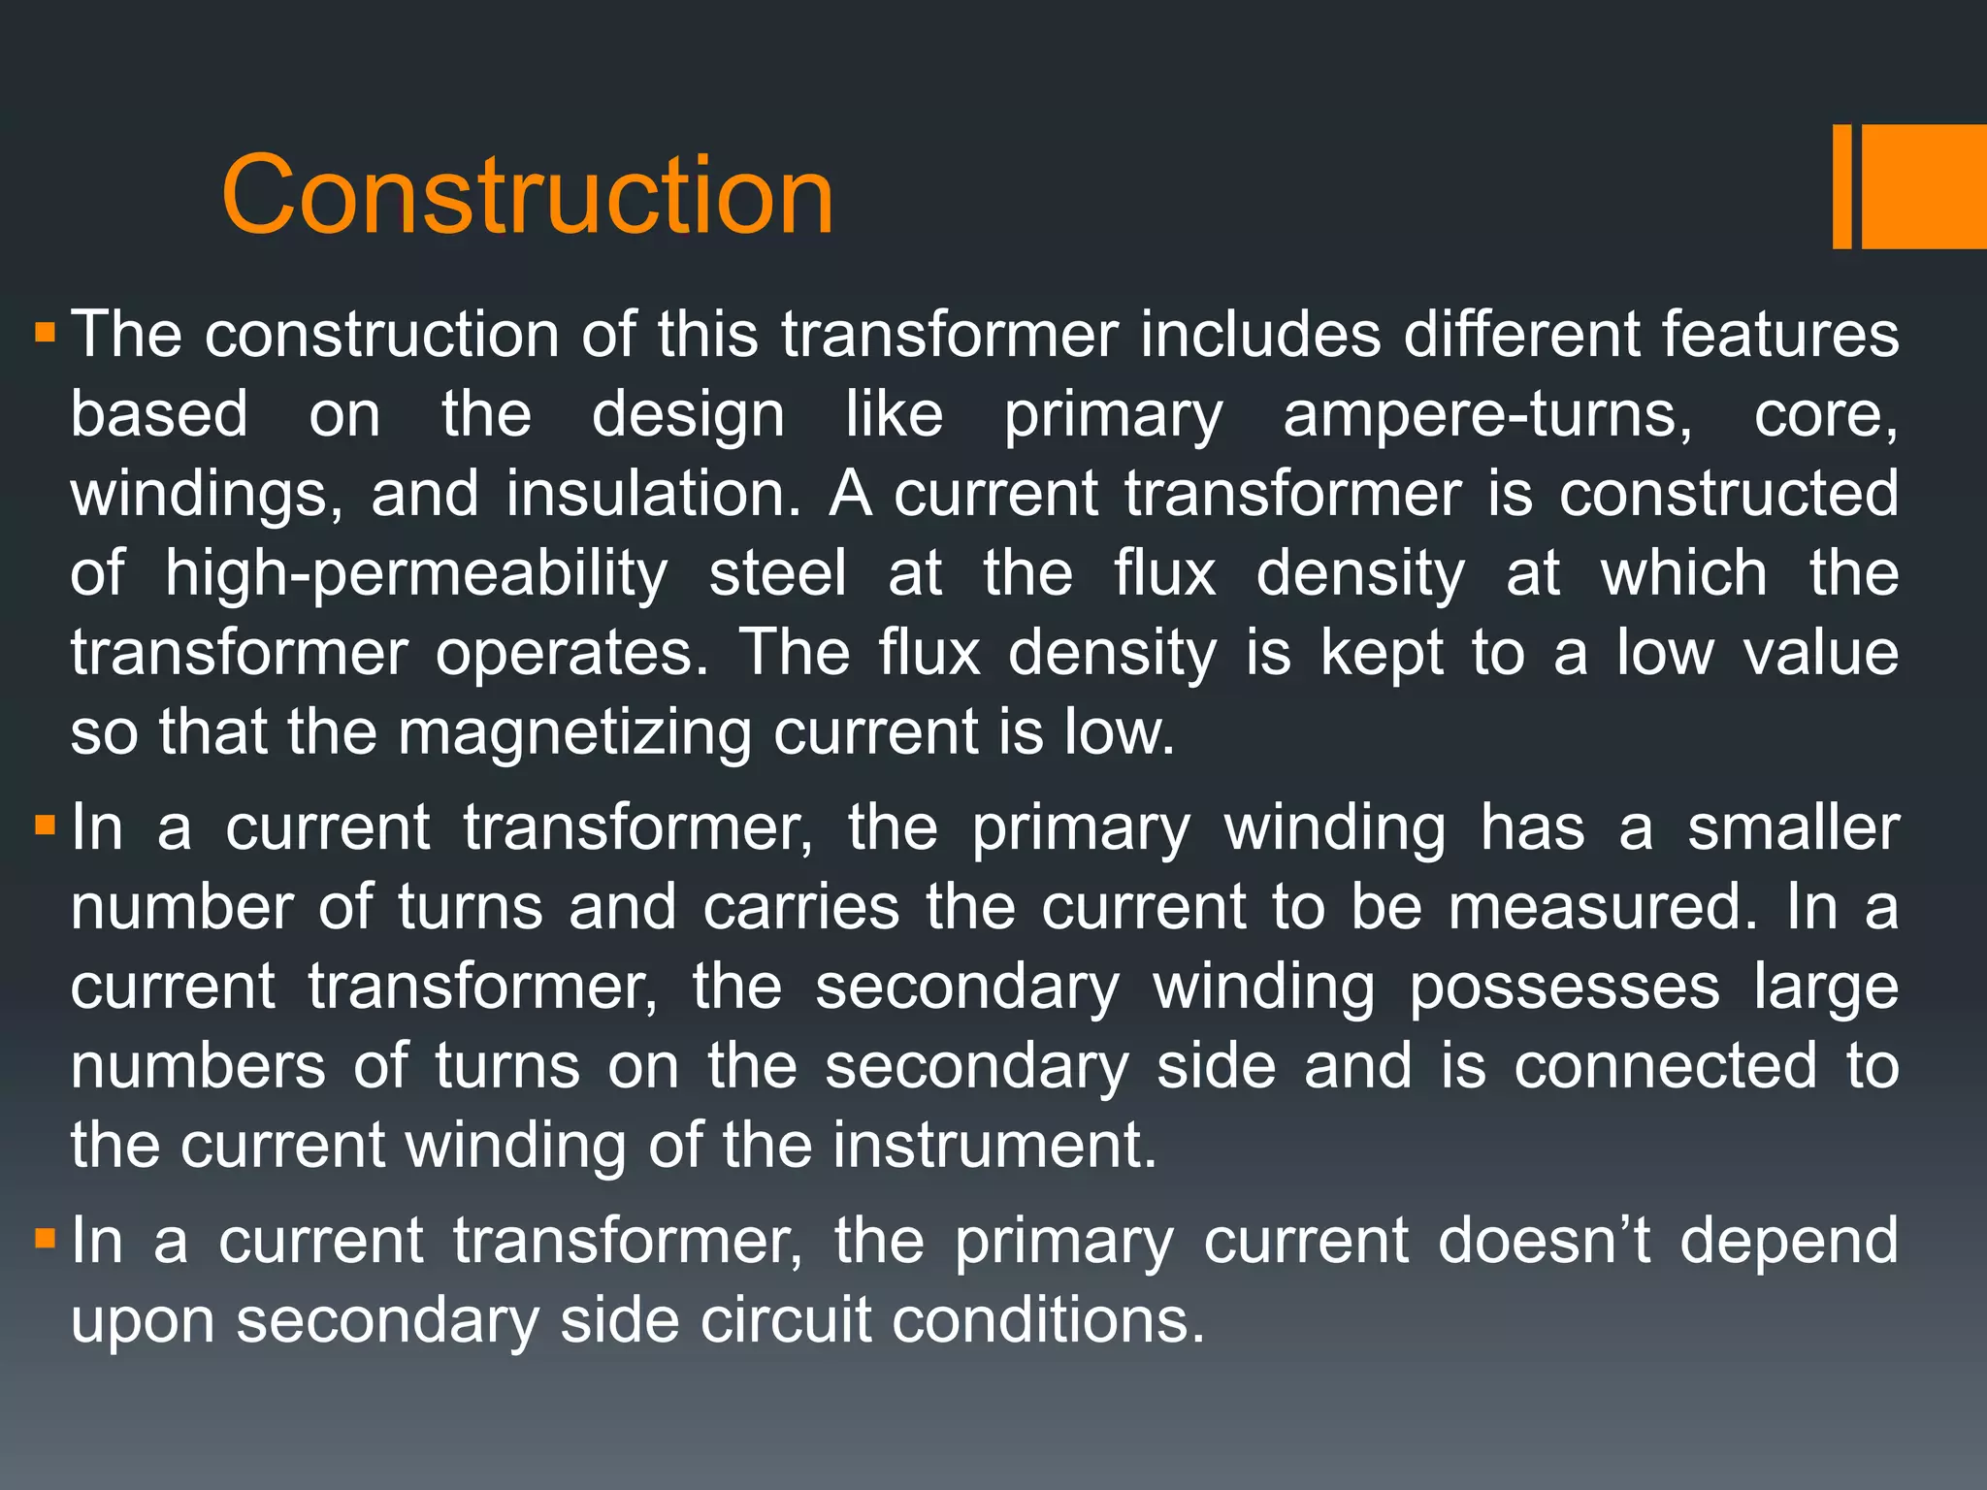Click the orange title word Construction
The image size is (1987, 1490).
(x=527, y=196)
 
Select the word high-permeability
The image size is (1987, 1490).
(x=416, y=573)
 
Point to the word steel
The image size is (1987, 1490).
(x=778, y=573)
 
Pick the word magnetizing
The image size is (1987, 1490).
(x=574, y=732)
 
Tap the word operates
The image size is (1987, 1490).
(x=572, y=653)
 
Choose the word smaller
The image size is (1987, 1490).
(x=1793, y=829)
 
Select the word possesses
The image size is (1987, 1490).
(x=1564, y=988)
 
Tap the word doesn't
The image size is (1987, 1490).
(x=1545, y=1241)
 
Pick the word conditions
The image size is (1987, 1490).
(x=1048, y=1320)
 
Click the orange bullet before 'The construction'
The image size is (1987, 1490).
(x=45, y=335)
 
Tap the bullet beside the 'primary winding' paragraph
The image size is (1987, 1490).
(x=45, y=827)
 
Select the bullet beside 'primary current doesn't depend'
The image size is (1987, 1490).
(x=45, y=1239)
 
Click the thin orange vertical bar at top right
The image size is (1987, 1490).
(x=1841, y=186)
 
